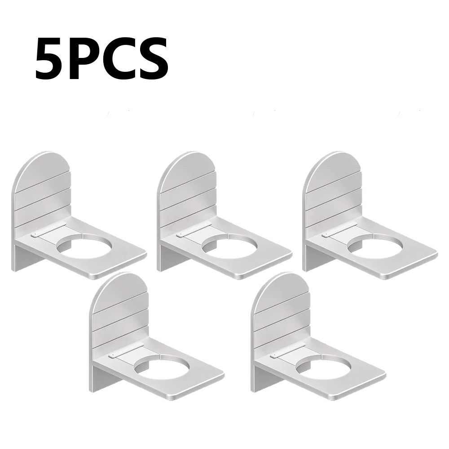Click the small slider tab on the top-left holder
pos(35,234)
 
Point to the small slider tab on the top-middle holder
pos(180,234)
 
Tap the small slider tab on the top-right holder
pos(325,234)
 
